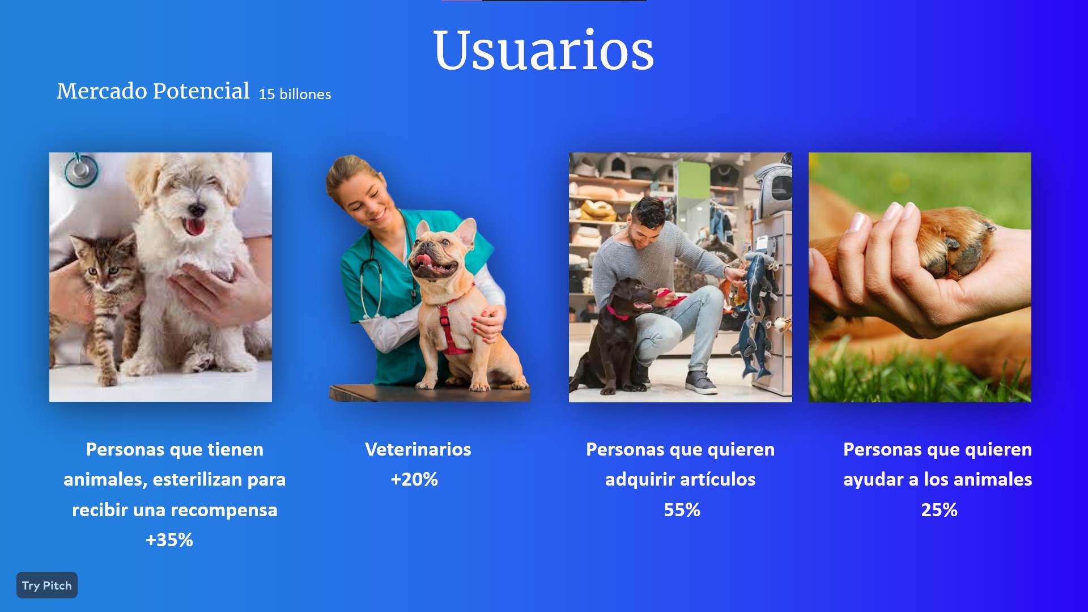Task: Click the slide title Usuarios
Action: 543,50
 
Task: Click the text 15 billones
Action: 295,94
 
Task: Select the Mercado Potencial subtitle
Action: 153,91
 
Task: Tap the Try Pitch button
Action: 47,585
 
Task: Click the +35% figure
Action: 169,540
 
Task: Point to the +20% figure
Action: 414,479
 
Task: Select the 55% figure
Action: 682,510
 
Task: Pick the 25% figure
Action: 939,510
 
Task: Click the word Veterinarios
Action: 418,449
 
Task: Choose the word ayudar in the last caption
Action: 873,480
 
